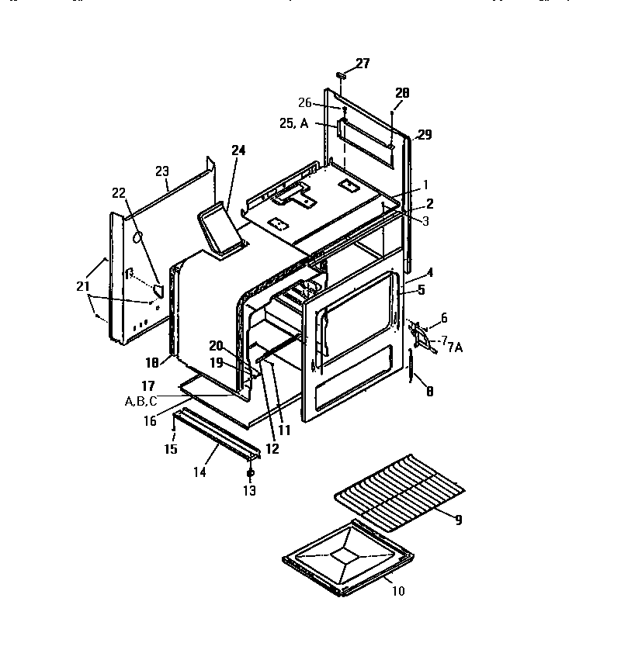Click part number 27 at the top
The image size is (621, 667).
(x=363, y=64)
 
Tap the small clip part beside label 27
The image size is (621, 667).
(x=340, y=75)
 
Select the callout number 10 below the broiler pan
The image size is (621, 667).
(x=398, y=591)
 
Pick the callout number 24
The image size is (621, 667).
(x=238, y=150)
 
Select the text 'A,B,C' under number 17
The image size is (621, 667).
(x=141, y=401)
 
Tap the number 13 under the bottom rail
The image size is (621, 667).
(x=250, y=490)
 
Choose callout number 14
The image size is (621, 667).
(x=199, y=472)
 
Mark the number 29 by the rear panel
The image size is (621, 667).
(x=424, y=135)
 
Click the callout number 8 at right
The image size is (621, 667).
(x=429, y=392)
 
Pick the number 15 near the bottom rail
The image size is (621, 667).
(x=171, y=449)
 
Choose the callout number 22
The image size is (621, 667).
(x=118, y=193)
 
